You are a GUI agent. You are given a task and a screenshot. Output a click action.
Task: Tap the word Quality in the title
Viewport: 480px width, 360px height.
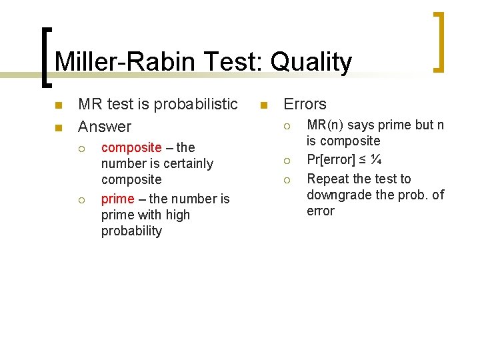(309, 63)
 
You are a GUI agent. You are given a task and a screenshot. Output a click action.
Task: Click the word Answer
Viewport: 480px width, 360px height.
(105, 126)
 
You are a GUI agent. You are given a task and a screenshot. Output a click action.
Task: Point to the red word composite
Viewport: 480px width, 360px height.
(131, 147)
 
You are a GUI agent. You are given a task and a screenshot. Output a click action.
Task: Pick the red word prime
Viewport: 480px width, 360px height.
(117, 199)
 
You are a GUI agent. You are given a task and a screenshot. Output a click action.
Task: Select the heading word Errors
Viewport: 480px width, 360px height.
(305, 104)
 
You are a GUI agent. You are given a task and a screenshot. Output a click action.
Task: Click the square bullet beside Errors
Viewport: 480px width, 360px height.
(263, 105)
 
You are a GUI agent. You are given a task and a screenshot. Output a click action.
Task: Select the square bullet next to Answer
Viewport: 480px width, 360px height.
(58, 127)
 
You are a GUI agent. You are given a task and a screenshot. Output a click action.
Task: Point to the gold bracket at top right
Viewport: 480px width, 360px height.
(439, 41)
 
